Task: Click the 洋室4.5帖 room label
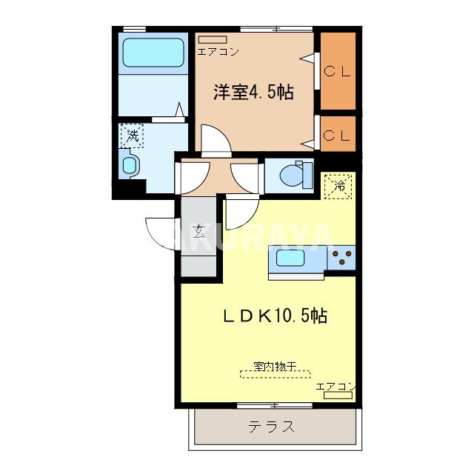click(253, 93)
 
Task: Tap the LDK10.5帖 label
click(275, 316)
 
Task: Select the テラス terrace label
click(271, 427)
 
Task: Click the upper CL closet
click(338, 71)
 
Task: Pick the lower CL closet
click(338, 136)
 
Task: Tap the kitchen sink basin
click(290, 259)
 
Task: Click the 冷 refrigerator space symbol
click(338, 185)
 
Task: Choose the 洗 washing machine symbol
click(133, 136)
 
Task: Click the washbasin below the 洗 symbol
click(129, 164)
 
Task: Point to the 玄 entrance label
click(198, 230)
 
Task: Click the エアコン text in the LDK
click(336, 386)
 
